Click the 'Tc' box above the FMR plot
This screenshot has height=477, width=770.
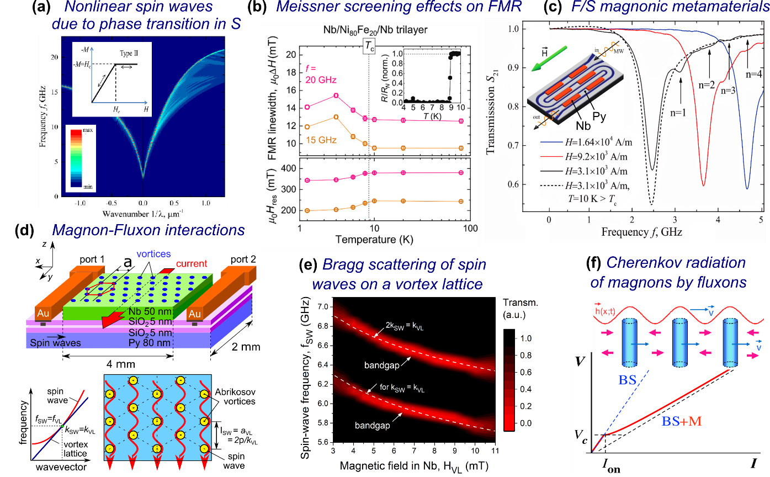click(369, 47)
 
